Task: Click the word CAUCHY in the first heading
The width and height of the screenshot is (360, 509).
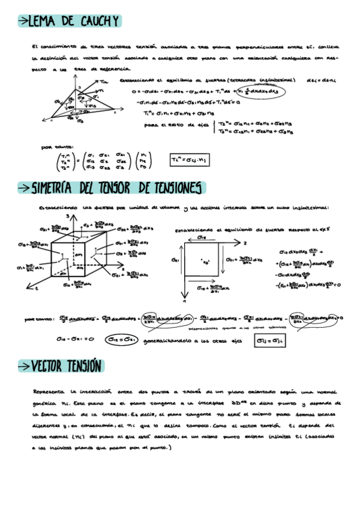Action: [97, 22]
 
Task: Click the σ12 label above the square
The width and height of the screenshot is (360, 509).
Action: [203, 238]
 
